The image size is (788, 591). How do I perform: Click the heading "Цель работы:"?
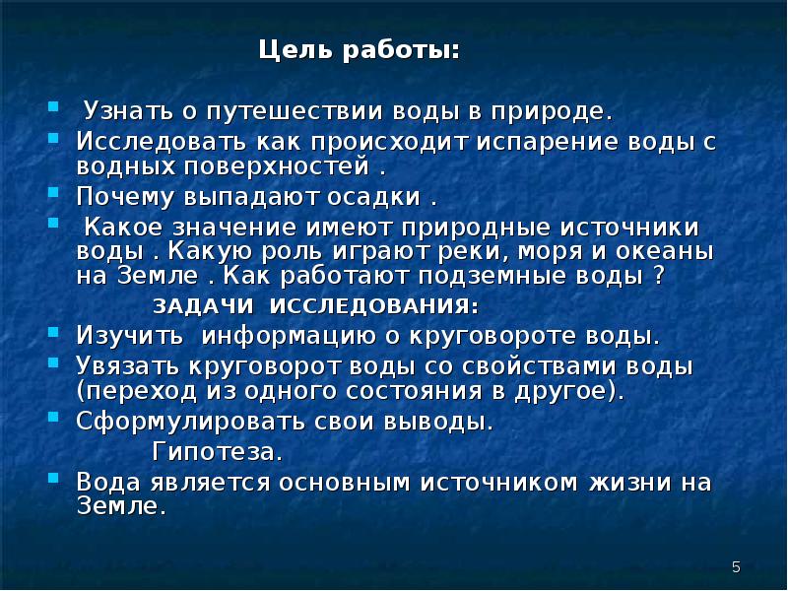pyautogui.click(x=359, y=50)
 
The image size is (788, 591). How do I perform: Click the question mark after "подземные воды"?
pyautogui.click(x=659, y=274)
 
